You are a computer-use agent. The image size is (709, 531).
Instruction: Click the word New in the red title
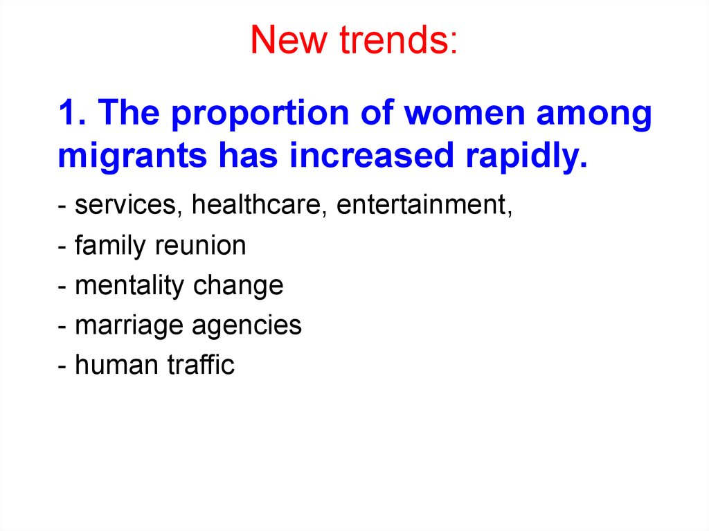click(288, 39)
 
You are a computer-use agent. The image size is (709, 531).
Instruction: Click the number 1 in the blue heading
click(68, 113)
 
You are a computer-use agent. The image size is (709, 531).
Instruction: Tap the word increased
click(371, 155)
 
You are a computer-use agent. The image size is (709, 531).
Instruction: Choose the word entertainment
click(424, 204)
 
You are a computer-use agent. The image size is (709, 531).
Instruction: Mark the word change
click(238, 287)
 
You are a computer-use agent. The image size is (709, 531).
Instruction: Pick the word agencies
click(247, 327)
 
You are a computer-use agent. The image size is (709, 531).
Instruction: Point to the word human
click(116, 365)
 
